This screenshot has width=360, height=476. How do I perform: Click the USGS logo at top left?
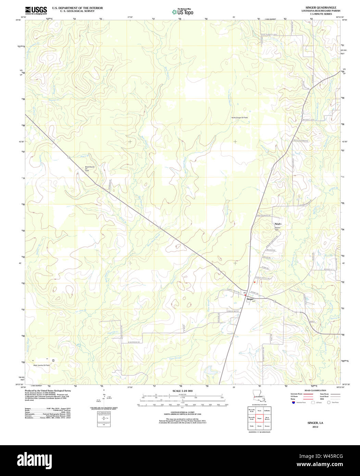point(36,10)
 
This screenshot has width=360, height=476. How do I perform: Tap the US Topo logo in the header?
point(183,12)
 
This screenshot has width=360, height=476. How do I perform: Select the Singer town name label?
point(250,299)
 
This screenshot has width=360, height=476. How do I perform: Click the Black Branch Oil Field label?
point(90,169)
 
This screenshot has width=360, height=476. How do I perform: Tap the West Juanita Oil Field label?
point(41,365)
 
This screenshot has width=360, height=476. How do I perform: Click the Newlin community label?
point(277,224)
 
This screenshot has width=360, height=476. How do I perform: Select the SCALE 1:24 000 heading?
point(183,391)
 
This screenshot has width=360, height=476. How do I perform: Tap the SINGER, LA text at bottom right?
point(315,423)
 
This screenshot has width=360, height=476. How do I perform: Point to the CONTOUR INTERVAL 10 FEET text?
point(183,412)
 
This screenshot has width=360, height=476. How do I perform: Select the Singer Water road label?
point(233,311)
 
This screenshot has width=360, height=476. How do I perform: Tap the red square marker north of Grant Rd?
point(255,282)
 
